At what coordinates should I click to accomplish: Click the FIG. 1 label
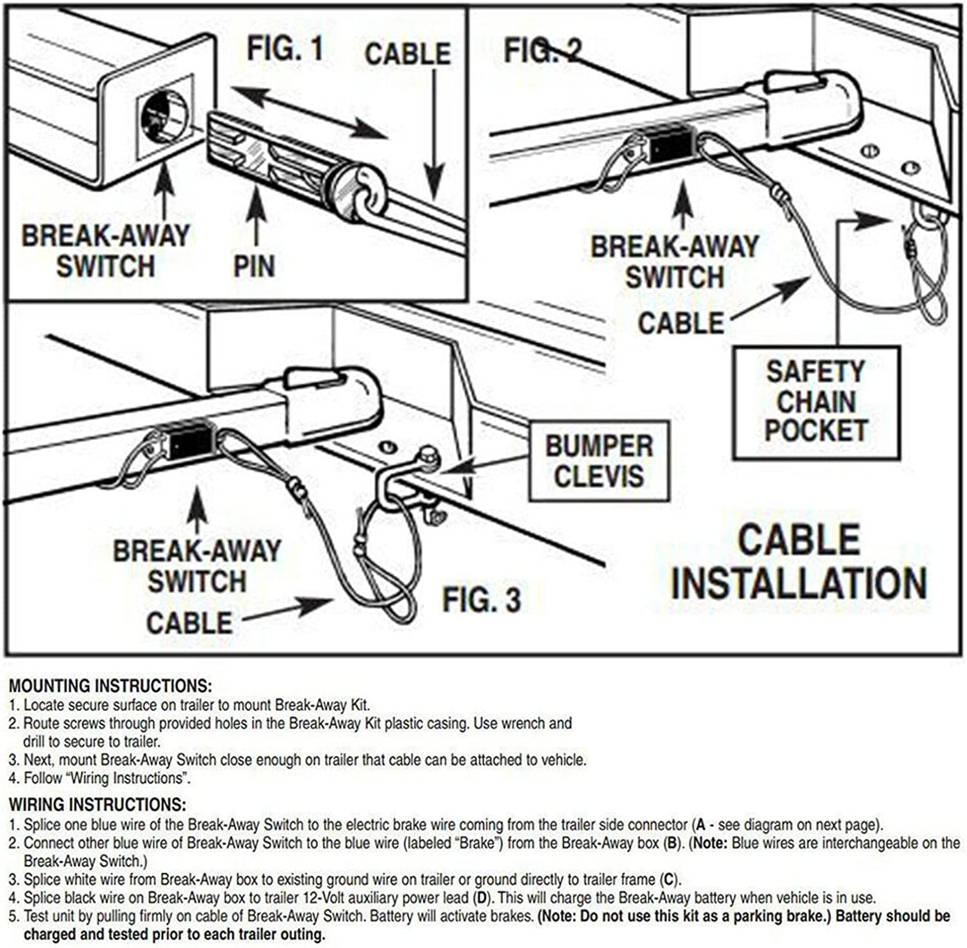[285, 49]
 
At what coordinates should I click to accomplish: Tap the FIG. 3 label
[481, 600]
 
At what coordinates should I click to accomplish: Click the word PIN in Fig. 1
[254, 266]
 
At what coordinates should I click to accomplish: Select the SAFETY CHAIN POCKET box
[816, 402]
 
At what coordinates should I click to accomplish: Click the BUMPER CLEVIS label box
[599, 461]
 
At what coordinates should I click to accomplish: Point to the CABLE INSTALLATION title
[799, 561]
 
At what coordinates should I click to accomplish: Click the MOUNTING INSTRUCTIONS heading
[110, 686]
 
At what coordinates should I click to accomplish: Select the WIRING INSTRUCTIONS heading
[97, 804]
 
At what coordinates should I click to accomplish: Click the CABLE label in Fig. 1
[407, 53]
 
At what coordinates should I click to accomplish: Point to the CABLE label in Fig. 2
[681, 323]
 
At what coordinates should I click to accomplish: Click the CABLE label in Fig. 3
[189, 623]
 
